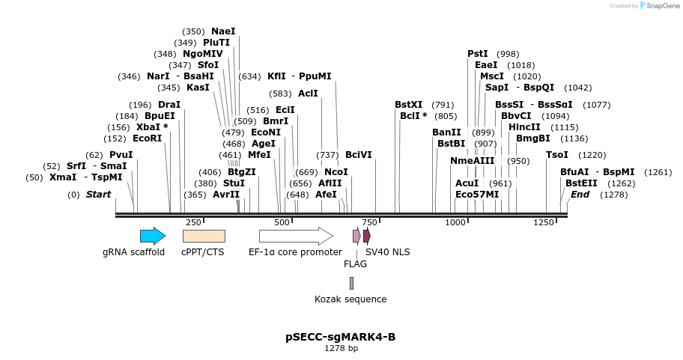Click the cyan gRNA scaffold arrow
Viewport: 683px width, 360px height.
(153, 237)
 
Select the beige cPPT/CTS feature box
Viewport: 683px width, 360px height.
(204, 237)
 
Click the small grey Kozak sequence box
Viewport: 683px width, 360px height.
(351, 283)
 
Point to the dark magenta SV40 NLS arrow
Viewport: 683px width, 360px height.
(367, 236)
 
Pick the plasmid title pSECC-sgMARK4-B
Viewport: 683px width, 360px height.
(341, 337)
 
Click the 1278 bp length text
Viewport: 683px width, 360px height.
(341, 348)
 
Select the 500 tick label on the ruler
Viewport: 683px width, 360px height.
(282, 222)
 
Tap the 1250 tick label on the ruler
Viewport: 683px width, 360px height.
(544, 222)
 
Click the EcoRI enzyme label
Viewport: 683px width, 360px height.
(147, 138)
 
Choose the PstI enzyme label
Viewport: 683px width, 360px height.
(478, 54)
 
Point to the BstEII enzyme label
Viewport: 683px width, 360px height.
(581, 183)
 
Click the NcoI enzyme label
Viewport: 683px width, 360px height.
(336, 172)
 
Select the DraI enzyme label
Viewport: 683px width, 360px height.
(169, 105)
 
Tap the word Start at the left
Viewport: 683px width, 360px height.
(98, 195)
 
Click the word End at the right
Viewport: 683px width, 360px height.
(580, 195)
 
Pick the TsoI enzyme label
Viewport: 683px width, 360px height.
(557, 155)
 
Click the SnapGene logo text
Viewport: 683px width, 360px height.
(661, 6)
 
